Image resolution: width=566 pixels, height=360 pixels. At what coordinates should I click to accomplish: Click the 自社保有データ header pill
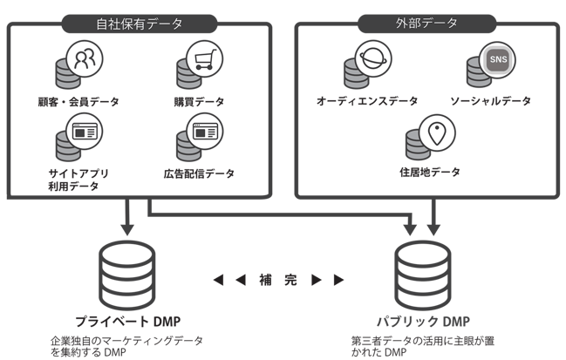tap(140, 24)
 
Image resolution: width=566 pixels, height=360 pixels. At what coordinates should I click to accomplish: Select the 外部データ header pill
tap(426, 24)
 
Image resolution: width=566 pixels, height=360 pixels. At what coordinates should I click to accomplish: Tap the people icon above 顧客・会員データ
tap(85, 58)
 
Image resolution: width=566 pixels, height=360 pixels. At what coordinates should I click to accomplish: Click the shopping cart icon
tap(205, 58)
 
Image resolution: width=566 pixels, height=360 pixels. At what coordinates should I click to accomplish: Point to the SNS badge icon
tap(497, 59)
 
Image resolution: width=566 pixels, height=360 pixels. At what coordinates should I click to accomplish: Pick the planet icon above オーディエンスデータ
tap(372, 58)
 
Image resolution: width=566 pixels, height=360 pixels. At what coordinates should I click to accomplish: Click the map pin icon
tap(437, 132)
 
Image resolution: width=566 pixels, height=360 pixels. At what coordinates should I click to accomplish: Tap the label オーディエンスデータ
tap(367, 101)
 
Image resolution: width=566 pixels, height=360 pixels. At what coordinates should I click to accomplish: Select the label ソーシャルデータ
tap(490, 101)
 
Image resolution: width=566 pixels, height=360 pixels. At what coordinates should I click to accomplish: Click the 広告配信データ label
tap(200, 173)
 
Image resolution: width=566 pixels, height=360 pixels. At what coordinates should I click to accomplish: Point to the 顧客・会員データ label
tap(78, 101)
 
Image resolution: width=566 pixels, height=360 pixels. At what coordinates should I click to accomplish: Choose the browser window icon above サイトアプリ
tap(85, 132)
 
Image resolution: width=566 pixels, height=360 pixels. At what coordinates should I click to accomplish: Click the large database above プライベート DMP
tap(127, 272)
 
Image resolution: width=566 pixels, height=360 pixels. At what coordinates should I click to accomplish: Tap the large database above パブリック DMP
tap(422, 272)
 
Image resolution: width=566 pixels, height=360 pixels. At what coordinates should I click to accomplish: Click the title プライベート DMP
tap(127, 320)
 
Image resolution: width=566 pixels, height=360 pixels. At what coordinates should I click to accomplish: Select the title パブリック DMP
tap(423, 320)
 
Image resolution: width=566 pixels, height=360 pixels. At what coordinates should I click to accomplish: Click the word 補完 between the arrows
tap(278, 280)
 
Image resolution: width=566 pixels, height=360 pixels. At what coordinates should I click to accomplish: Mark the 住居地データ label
tap(430, 173)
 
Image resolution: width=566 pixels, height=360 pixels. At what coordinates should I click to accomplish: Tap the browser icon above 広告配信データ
tap(205, 132)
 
